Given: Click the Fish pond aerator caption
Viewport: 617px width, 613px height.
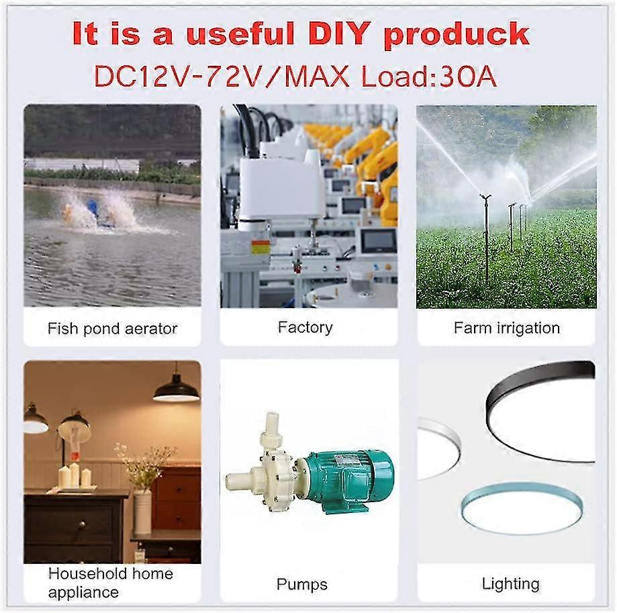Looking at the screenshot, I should click(x=112, y=328).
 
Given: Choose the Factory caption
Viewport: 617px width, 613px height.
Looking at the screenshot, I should click(x=305, y=327).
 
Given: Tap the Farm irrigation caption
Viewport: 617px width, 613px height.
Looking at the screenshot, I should click(x=506, y=328).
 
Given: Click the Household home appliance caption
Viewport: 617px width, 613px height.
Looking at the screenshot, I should click(x=110, y=582).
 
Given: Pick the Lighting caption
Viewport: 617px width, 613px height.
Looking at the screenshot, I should click(x=510, y=583).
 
